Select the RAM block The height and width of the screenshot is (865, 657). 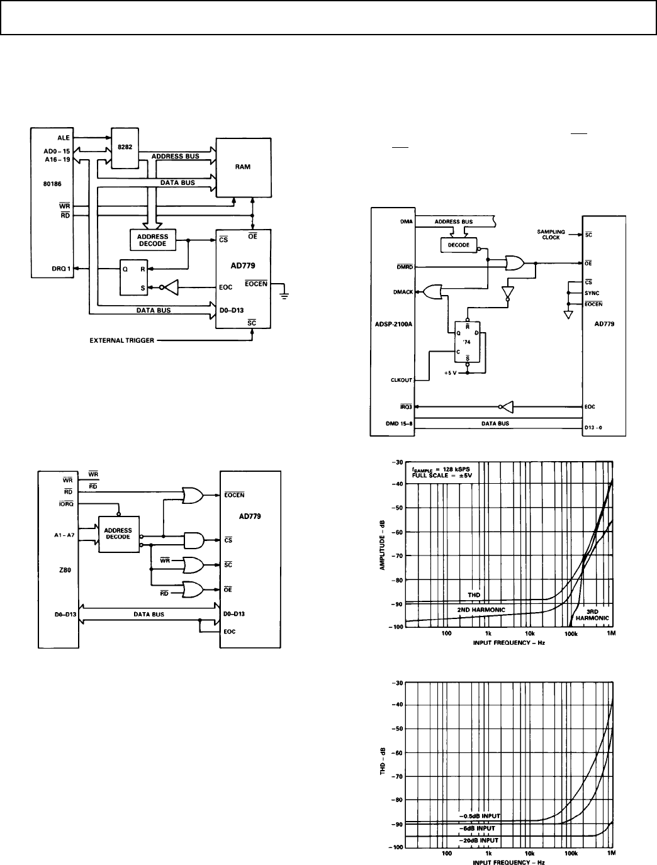click(x=243, y=167)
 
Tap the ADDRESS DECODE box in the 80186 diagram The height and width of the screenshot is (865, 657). click(x=152, y=240)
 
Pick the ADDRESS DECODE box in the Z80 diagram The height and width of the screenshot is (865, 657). click(x=118, y=533)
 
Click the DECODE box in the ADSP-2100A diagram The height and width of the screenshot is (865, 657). click(x=459, y=245)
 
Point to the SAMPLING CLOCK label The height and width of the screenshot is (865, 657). click(x=547, y=235)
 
